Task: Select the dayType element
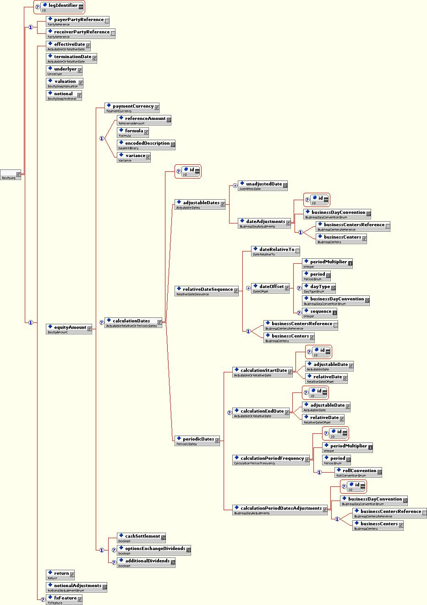320,287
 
